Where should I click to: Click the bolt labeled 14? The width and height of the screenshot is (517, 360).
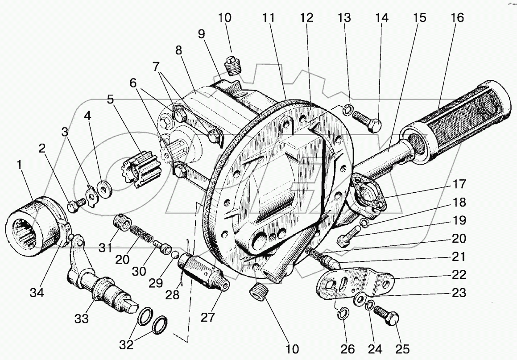[367, 120]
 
